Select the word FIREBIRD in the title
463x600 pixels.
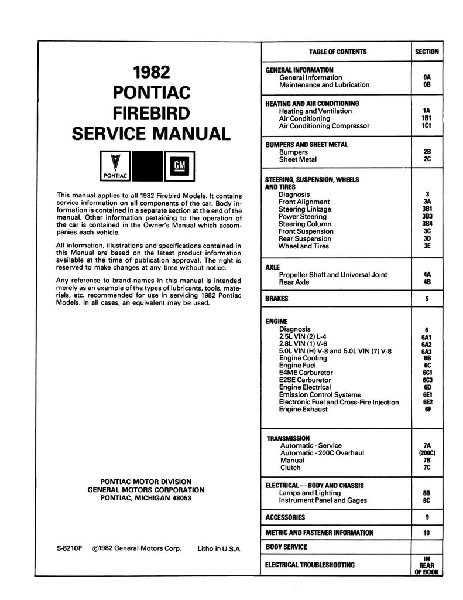[150, 112]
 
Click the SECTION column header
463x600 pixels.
[427, 52]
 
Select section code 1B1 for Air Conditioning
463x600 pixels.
[427, 118]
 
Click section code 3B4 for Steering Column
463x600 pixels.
[427, 224]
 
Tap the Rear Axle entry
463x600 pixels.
[294, 282]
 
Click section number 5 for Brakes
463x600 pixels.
[427, 299]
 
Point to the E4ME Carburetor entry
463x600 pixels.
[306, 373]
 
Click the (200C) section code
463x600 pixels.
[427, 453]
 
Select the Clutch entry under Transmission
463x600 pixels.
[290, 468]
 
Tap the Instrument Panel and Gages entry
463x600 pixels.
[323, 500]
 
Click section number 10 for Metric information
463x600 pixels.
[427, 533]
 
